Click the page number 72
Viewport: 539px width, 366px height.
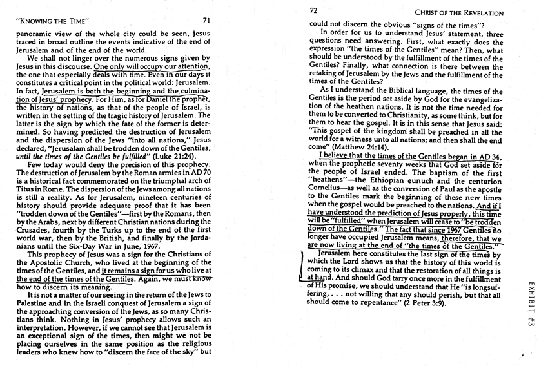click(x=314, y=11)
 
